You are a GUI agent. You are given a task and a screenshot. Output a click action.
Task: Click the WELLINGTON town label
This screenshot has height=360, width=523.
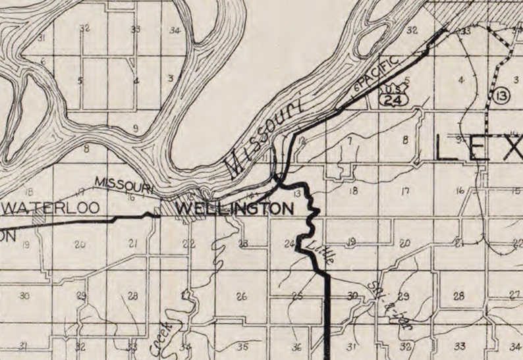pos(235,209)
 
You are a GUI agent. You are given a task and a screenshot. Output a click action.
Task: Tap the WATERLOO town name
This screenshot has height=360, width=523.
pos(52,208)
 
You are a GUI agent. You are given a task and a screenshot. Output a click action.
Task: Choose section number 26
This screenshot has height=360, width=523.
pos(242,297)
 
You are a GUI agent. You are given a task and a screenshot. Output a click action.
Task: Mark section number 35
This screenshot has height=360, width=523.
pos(243,347)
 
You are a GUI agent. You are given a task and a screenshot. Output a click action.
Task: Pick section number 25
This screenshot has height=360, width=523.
pos(297,296)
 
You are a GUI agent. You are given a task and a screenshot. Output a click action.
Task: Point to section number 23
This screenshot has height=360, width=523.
pos(243,244)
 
